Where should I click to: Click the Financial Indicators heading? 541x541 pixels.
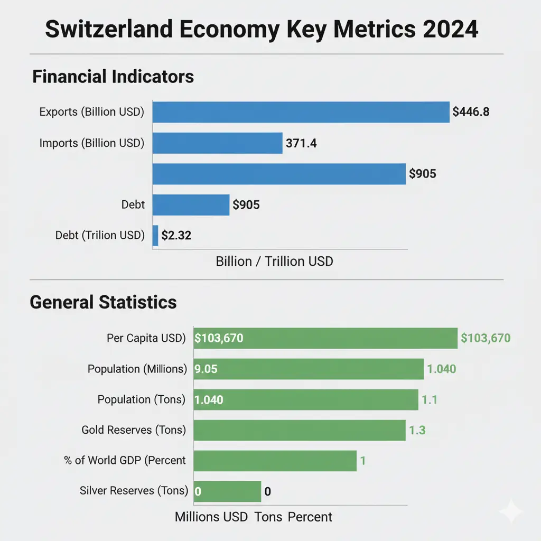113,77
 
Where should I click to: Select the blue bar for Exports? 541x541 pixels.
301,111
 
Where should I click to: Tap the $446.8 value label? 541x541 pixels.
474,111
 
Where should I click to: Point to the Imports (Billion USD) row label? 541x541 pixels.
91,143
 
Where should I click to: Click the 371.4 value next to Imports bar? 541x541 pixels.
301,143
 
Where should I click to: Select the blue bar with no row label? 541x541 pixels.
279,173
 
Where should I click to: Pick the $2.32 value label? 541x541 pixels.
176,236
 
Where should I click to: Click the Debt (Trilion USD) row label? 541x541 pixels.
99,236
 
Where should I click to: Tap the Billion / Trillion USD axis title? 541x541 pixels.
274,261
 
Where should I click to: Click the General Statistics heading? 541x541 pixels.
103,302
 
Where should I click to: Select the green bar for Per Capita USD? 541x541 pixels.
325,338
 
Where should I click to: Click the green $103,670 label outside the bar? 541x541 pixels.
486,338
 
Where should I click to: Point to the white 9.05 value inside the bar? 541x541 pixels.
206,369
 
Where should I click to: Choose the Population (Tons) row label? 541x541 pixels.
141,399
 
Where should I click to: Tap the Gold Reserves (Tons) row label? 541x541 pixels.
134,430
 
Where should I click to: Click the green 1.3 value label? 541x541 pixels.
417,430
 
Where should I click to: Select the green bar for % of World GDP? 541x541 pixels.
275,461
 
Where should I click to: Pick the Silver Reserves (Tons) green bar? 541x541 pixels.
227,491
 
